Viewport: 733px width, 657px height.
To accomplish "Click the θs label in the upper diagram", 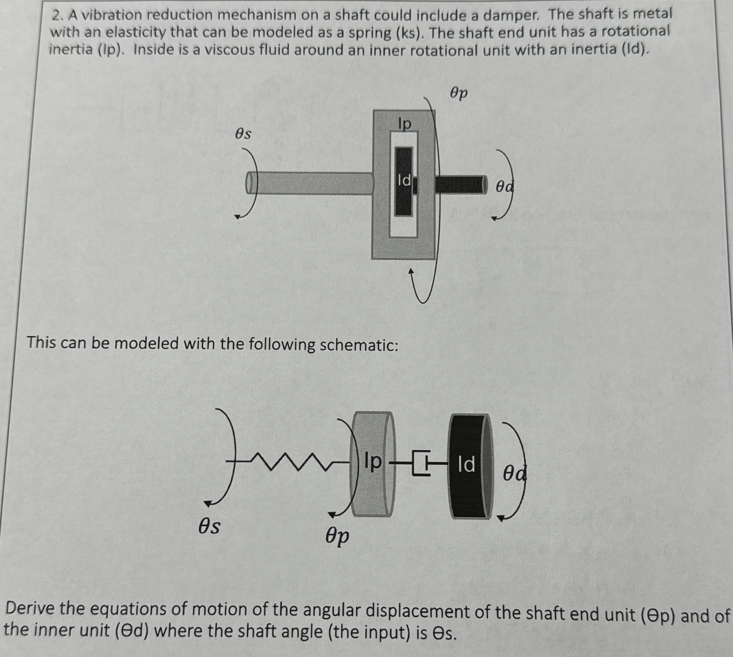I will click(x=243, y=134).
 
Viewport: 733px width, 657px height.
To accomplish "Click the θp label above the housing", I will click(x=459, y=94).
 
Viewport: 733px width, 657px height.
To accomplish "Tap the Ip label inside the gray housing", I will click(x=405, y=124).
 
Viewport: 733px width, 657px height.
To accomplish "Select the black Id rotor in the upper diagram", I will click(x=403, y=182).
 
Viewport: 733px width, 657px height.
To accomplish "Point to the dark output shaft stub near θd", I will click(x=460, y=184).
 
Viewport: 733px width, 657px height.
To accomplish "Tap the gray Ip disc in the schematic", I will click(x=372, y=464).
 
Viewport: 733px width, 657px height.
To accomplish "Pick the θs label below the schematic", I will click(x=209, y=527).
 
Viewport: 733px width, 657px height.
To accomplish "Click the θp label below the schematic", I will click(x=337, y=535).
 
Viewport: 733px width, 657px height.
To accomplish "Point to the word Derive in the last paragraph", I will click(x=30, y=609).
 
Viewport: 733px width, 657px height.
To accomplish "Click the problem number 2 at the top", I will click(x=55, y=16).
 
